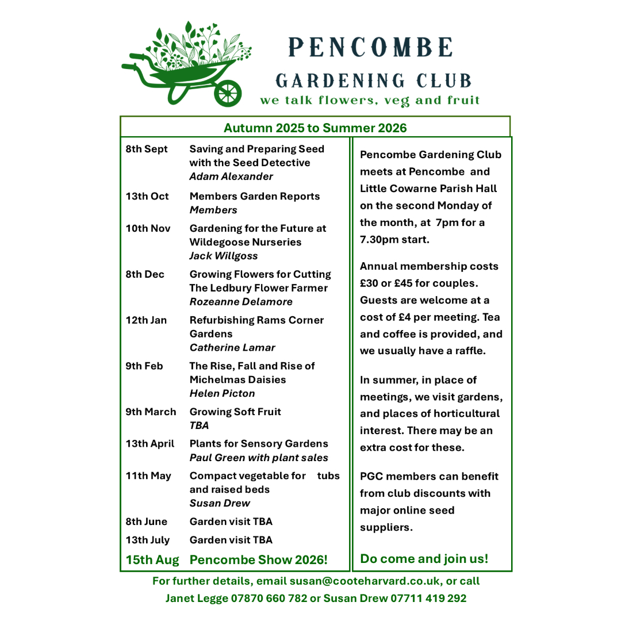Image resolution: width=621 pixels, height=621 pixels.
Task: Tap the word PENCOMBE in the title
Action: [x=371, y=48]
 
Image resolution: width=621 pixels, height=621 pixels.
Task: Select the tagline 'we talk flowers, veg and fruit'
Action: [x=370, y=101]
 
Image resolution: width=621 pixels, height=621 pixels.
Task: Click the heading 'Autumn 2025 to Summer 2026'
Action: [x=315, y=128]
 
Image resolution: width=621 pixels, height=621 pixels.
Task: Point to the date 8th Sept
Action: [x=147, y=149]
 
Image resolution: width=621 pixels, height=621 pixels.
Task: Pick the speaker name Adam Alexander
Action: [x=231, y=177]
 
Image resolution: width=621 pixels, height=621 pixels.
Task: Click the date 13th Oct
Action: [x=147, y=196]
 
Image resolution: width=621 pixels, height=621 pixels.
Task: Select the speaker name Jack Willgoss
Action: [x=224, y=256]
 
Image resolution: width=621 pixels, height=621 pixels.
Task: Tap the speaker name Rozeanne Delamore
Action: [x=241, y=302]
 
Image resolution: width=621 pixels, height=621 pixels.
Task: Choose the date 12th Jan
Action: [x=147, y=320]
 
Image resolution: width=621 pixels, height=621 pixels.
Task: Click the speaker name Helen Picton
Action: [x=222, y=394]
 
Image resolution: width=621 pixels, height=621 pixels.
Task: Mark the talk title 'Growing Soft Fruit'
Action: [x=235, y=412]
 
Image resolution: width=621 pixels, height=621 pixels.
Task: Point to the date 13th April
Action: [x=150, y=444]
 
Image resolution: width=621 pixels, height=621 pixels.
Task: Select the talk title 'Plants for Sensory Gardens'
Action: [x=259, y=444]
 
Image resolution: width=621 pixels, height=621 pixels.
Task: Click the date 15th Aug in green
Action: [x=152, y=559]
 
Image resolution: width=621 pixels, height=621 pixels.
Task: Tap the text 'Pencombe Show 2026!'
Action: [x=258, y=559]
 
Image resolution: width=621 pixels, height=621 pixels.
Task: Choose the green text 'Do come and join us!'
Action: [x=424, y=558]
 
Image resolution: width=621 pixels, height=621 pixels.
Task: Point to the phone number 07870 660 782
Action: [x=269, y=599]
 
